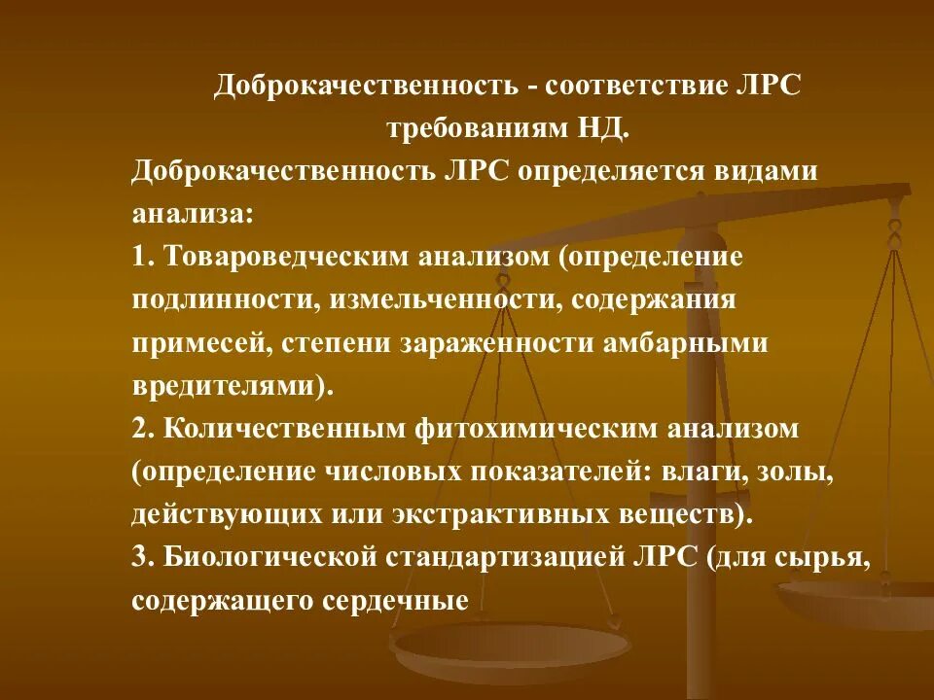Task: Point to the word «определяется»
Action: coord(604,171)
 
